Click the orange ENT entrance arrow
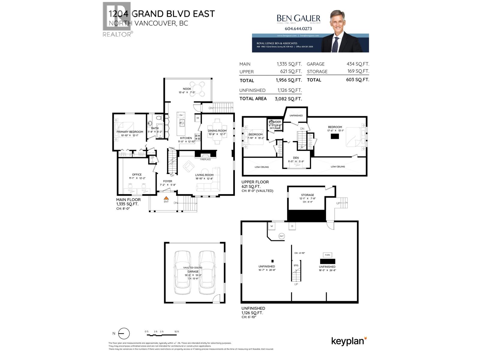click(166, 198)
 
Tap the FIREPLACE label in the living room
click(205, 160)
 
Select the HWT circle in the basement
click(281, 236)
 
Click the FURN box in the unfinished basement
click(327, 255)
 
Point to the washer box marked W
click(272, 226)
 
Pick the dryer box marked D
click(292, 226)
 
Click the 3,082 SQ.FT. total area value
click(288, 99)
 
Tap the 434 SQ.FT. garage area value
click(358, 64)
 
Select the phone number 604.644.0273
click(298, 29)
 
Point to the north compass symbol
click(124, 334)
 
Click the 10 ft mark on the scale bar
click(177, 331)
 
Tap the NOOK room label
click(187, 89)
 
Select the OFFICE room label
click(137, 175)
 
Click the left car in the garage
click(182, 273)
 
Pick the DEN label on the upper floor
click(296, 158)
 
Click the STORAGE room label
click(307, 195)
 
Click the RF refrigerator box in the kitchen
click(198, 118)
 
